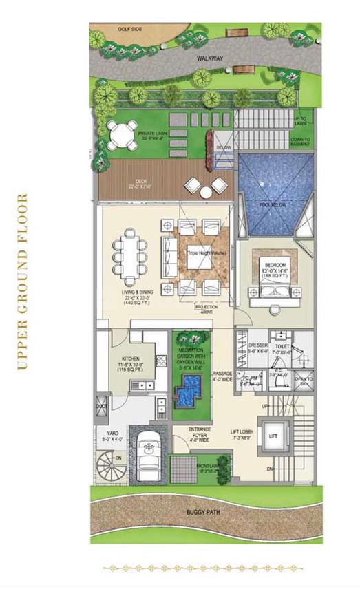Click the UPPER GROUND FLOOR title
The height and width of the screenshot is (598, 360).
23,282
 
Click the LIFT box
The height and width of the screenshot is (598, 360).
273,436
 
